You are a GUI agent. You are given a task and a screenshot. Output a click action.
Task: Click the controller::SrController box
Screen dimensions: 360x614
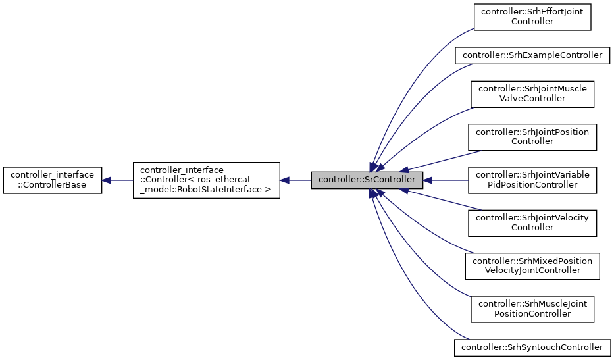coord(367,180)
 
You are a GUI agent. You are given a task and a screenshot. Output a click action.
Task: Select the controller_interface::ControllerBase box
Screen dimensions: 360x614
coord(53,180)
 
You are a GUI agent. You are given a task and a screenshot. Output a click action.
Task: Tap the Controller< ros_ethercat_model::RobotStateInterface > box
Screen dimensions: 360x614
coord(206,180)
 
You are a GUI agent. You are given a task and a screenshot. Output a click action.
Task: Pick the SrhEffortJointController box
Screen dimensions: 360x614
coord(532,16)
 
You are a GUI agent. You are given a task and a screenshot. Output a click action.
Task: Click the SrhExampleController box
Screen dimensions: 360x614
coord(532,55)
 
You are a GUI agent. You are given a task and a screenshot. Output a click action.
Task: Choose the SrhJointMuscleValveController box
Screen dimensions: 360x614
coord(532,93)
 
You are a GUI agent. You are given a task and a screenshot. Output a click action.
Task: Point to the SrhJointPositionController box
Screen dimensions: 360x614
coord(532,136)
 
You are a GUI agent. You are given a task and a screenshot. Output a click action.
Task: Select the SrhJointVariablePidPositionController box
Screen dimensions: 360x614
coord(532,180)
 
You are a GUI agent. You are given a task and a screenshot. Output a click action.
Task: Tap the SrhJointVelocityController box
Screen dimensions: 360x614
coord(532,222)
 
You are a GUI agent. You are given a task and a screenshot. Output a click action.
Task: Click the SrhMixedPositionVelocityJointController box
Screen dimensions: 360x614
coord(532,265)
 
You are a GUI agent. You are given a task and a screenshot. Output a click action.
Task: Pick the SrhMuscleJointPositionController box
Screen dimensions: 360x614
coord(532,308)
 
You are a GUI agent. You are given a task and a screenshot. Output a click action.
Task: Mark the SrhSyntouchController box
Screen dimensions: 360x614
coord(532,347)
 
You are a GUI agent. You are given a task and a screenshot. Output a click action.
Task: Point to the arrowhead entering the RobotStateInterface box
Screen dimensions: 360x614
coord(285,180)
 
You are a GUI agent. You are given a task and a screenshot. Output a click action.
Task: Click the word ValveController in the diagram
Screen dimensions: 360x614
coord(532,99)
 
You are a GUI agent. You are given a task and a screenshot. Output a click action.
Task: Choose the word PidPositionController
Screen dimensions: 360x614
coord(532,185)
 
